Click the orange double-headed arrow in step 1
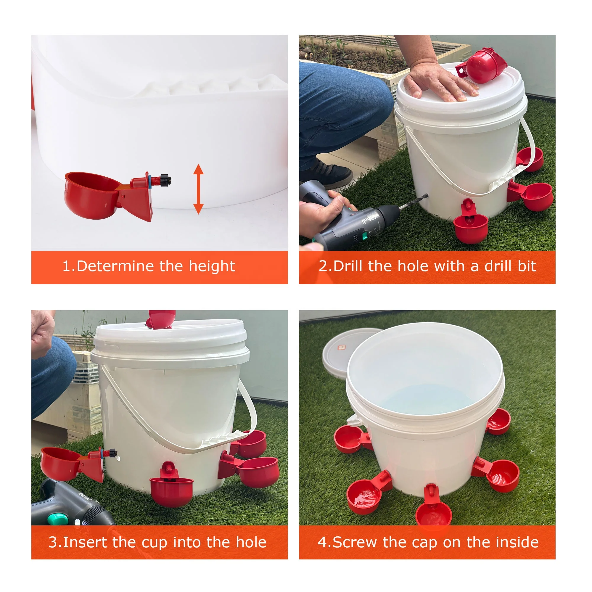pyautogui.click(x=199, y=189)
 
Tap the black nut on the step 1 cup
pyautogui.click(x=165, y=180)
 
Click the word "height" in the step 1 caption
pyautogui.click(x=212, y=266)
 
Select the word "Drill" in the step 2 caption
pyautogui.click(x=348, y=266)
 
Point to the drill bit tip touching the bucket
pyautogui.click(x=427, y=194)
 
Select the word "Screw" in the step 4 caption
pyautogui.click(x=355, y=542)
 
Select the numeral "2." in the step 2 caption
pyautogui.click(x=325, y=266)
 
